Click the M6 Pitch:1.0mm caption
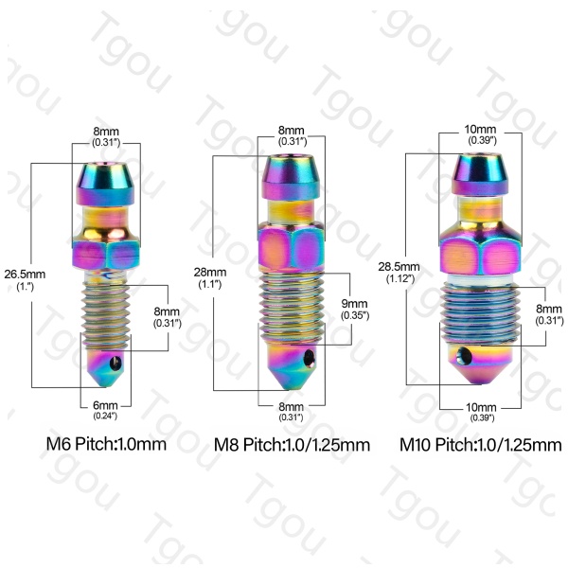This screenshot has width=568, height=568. coord(106,444)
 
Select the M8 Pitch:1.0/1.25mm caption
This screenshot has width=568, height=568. coord(292,445)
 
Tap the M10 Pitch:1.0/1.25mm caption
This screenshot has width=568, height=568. coord(480,445)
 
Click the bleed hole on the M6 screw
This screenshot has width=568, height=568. coord(115,364)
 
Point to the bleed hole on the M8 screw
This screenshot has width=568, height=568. coord(309,358)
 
